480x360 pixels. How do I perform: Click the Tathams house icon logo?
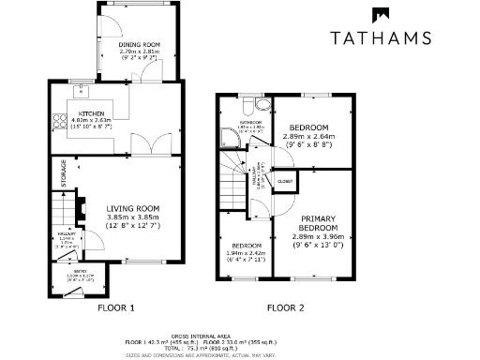click(381, 17)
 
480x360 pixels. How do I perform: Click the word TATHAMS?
click(381, 38)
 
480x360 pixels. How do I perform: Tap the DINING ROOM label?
click(140, 44)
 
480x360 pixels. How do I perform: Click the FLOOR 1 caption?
click(117, 307)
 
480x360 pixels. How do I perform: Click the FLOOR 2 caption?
click(285, 307)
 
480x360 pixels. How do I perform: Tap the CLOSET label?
click(285, 180)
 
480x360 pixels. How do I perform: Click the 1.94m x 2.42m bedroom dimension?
click(246, 253)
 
